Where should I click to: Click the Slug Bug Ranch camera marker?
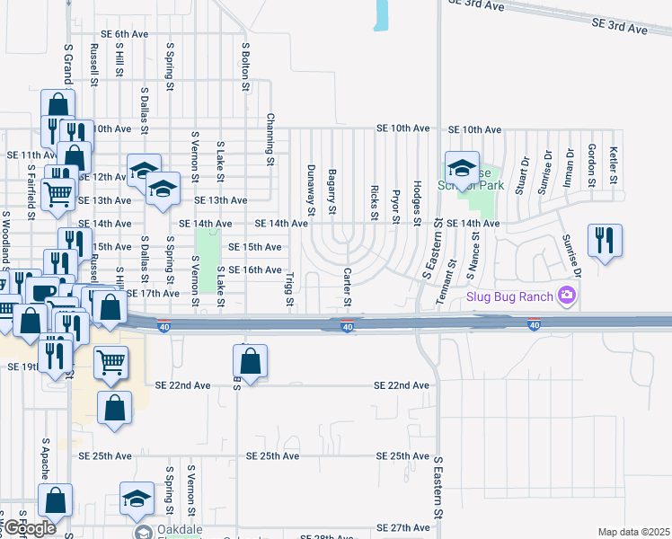(x=566, y=295)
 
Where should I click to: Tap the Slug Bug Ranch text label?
(x=510, y=296)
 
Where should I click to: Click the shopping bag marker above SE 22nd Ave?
(x=251, y=362)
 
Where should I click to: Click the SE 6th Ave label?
(x=124, y=34)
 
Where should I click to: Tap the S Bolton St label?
(x=244, y=64)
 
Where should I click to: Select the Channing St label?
(x=269, y=139)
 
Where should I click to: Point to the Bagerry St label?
(x=332, y=191)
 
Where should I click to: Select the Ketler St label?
(x=614, y=165)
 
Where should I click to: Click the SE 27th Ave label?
(x=403, y=527)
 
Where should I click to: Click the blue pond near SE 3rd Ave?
(x=382, y=15)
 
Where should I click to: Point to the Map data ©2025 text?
(x=633, y=532)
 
